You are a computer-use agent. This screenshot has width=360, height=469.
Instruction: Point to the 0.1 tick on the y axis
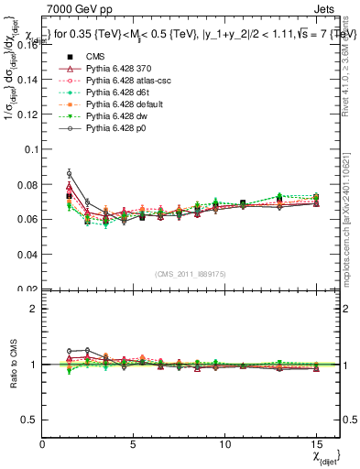click(31, 149)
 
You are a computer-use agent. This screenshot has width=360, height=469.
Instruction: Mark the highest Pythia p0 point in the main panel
click(69, 173)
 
